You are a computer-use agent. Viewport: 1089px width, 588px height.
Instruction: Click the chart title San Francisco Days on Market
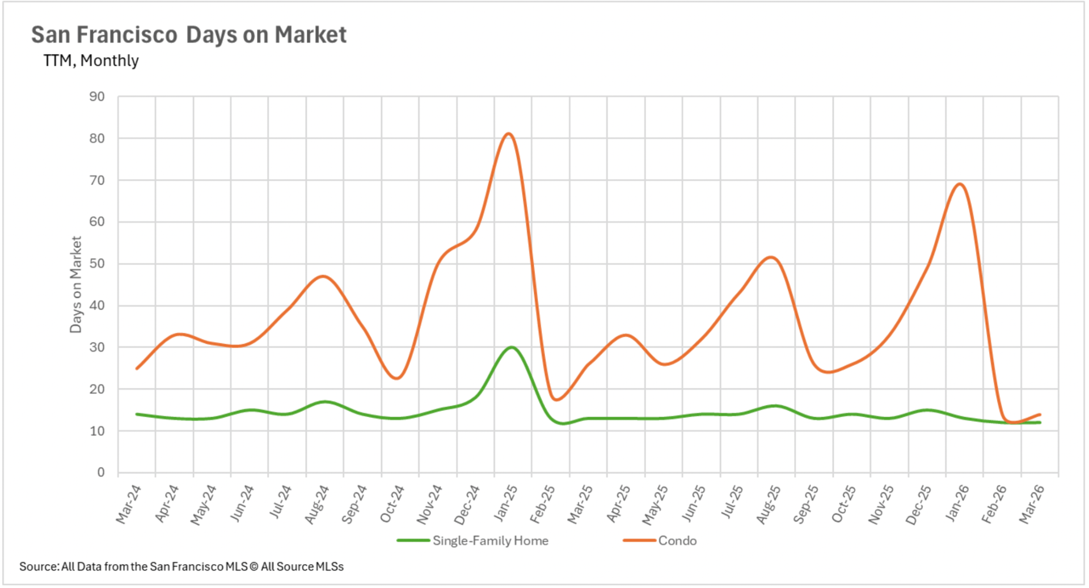pyautogui.click(x=189, y=35)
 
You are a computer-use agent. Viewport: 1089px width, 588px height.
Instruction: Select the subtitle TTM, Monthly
pyautogui.click(x=91, y=60)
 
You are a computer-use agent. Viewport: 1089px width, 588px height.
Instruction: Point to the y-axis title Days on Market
pyautogui.click(x=75, y=285)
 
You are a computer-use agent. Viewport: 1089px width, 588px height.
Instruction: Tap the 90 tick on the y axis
pyautogui.click(x=97, y=97)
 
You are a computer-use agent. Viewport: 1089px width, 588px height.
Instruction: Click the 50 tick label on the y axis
pyautogui.click(x=97, y=264)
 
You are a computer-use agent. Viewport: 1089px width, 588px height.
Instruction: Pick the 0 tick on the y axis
pyautogui.click(x=101, y=472)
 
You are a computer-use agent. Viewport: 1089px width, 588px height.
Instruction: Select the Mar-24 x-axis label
pyautogui.click(x=129, y=504)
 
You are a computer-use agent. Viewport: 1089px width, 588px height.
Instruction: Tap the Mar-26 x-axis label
pyautogui.click(x=1032, y=504)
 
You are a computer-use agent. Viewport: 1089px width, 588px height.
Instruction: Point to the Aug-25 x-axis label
pyautogui.click(x=769, y=504)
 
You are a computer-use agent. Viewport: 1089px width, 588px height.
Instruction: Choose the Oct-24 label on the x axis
pyautogui.click(x=392, y=504)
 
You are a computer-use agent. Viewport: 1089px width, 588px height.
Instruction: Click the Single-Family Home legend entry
pyautogui.click(x=473, y=540)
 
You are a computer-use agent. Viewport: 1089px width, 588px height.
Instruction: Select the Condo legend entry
pyautogui.click(x=660, y=540)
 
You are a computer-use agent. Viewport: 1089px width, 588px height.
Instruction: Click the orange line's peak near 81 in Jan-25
pyautogui.click(x=509, y=134)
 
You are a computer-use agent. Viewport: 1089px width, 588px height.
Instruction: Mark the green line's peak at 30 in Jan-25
pyautogui.click(x=512, y=347)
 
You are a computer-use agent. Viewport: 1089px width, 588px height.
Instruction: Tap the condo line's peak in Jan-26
pyautogui.click(x=959, y=184)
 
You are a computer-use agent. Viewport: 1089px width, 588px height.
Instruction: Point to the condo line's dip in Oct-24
pyautogui.click(x=396, y=378)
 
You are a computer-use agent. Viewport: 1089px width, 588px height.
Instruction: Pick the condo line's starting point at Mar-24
pyautogui.click(x=137, y=369)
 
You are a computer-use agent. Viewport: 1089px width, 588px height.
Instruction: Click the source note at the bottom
pyautogui.click(x=181, y=566)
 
